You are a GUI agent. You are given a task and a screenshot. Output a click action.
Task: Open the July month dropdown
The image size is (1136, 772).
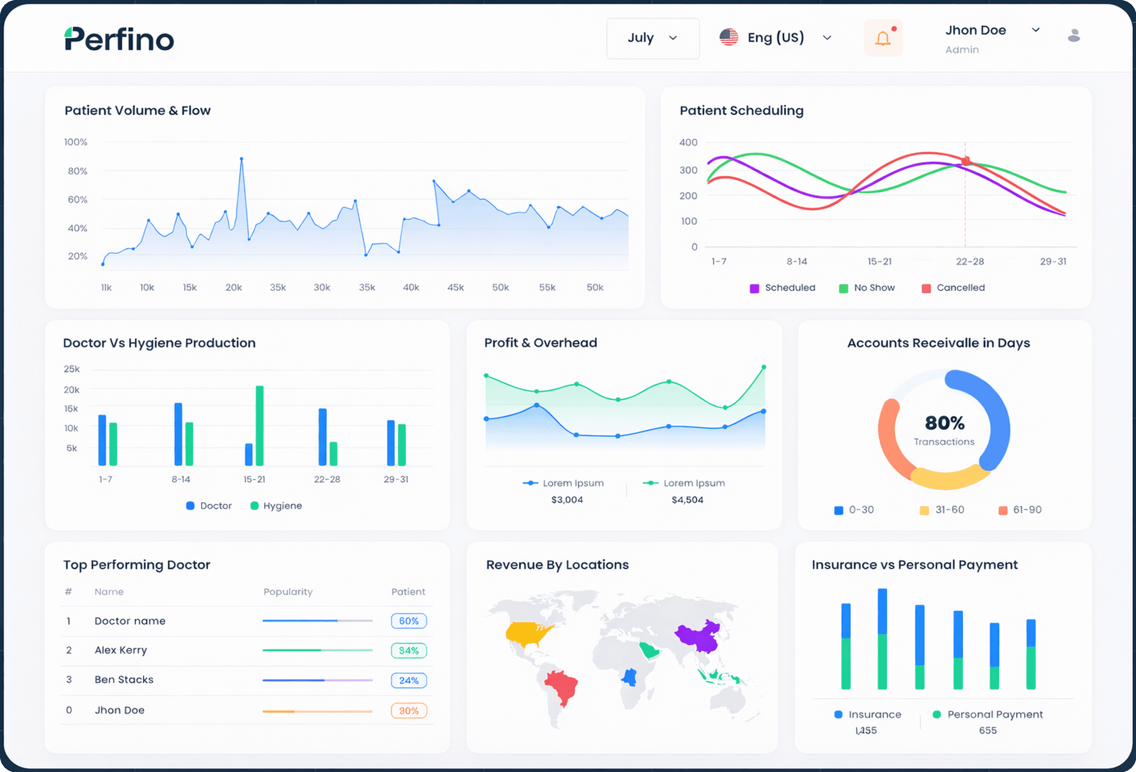(652, 38)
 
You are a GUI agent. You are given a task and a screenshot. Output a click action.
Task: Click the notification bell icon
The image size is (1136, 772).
(883, 38)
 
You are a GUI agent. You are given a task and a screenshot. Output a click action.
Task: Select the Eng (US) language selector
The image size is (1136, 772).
(775, 38)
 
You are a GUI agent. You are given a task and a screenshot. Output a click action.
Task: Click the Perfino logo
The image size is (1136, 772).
(119, 39)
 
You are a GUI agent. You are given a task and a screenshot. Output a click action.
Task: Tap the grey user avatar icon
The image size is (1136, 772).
(1073, 36)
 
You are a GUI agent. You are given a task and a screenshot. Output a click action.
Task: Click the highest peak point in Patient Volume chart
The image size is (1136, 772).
(241, 159)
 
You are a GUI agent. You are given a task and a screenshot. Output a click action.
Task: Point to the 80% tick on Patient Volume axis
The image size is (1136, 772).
(77, 171)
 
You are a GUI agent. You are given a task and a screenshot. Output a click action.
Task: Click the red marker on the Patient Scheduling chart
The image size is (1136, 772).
(965, 161)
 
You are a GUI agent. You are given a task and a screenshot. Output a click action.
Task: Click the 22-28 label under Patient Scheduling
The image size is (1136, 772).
(970, 261)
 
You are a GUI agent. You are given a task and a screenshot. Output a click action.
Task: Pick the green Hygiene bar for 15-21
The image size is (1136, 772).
(260, 425)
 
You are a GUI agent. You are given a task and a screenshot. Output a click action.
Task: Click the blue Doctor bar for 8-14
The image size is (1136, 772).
(178, 434)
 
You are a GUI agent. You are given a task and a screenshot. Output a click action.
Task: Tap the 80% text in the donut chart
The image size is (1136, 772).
(944, 423)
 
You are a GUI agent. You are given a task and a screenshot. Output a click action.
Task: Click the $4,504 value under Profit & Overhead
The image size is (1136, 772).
(687, 499)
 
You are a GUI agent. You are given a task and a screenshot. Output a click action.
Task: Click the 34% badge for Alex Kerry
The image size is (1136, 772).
(409, 650)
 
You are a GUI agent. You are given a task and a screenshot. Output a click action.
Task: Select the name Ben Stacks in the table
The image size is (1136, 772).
(124, 679)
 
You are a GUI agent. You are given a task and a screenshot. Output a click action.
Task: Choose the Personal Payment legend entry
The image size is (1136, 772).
(988, 714)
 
